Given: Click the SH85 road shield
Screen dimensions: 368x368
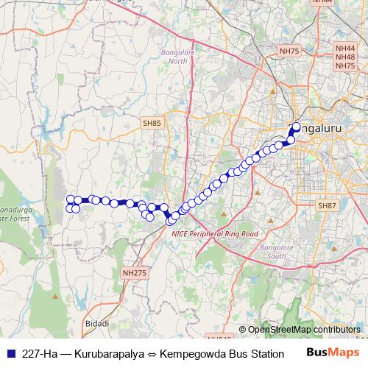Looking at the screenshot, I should (152, 124).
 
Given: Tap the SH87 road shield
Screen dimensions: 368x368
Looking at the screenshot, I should (326, 207).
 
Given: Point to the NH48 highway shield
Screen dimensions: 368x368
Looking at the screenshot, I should (344, 56).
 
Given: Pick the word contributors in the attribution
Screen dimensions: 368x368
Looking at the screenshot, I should (336, 330).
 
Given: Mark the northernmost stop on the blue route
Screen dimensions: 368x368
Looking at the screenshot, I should (297, 126).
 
